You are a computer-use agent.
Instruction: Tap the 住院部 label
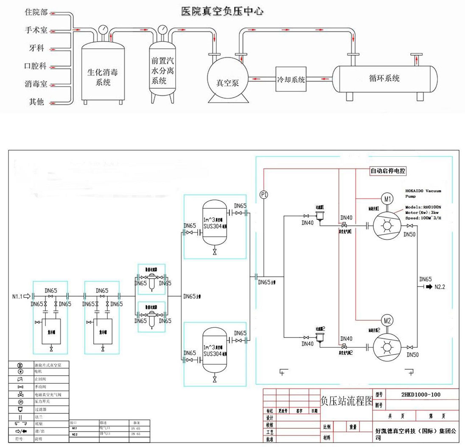click(36, 13)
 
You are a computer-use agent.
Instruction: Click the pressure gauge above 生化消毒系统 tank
click(103, 31)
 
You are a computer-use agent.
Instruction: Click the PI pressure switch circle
click(263, 195)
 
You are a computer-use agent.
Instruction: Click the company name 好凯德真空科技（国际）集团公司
click(416, 433)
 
